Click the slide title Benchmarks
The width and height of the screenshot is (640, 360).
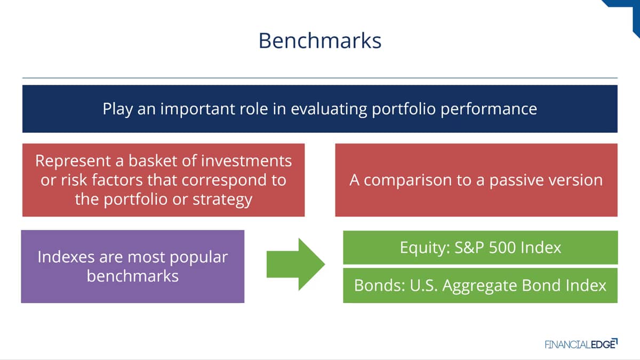pos(320,41)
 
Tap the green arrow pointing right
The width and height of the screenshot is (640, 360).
pos(295,265)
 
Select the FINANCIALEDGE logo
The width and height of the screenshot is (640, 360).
pos(581,344)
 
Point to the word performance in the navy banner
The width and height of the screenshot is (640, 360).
pos(489,109)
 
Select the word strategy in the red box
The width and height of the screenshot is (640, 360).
pos(222,199)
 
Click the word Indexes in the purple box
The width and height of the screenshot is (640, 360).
pos(66,257)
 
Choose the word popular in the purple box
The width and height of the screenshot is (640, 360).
pos(198,258)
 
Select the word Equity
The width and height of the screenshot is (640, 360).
pos(425,248)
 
